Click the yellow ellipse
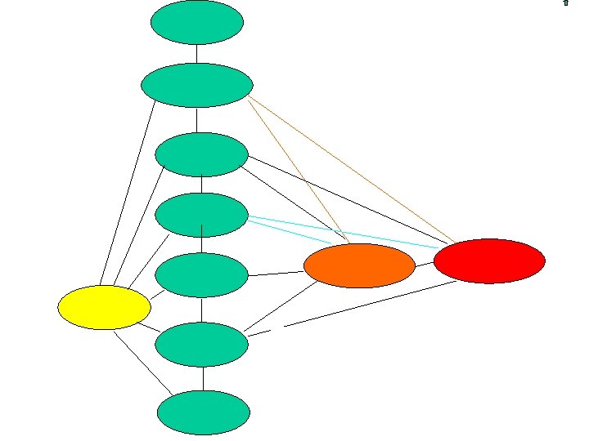click(x=104, y=307)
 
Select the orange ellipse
click(x=359, y=265)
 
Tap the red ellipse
click(x=489, y=261)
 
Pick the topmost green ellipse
click(x=196, y=22)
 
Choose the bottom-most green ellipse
click(x=203, y=413)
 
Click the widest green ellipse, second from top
click(x=196, y=84)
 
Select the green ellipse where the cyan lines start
click(x=201, y=215)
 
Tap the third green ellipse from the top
click(x=201, y=154)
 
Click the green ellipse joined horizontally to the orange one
click(x=201, y=275)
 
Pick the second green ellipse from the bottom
click(x=201, y=345)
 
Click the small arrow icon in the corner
click(x=565, y=3)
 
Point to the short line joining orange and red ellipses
click(x=424, y=264)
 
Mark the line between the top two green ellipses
click(x=197, y=53)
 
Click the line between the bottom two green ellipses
click(x=203, y=379)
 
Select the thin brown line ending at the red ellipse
click(x=352, y=170)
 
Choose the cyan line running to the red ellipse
click(x=344, y=232)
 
